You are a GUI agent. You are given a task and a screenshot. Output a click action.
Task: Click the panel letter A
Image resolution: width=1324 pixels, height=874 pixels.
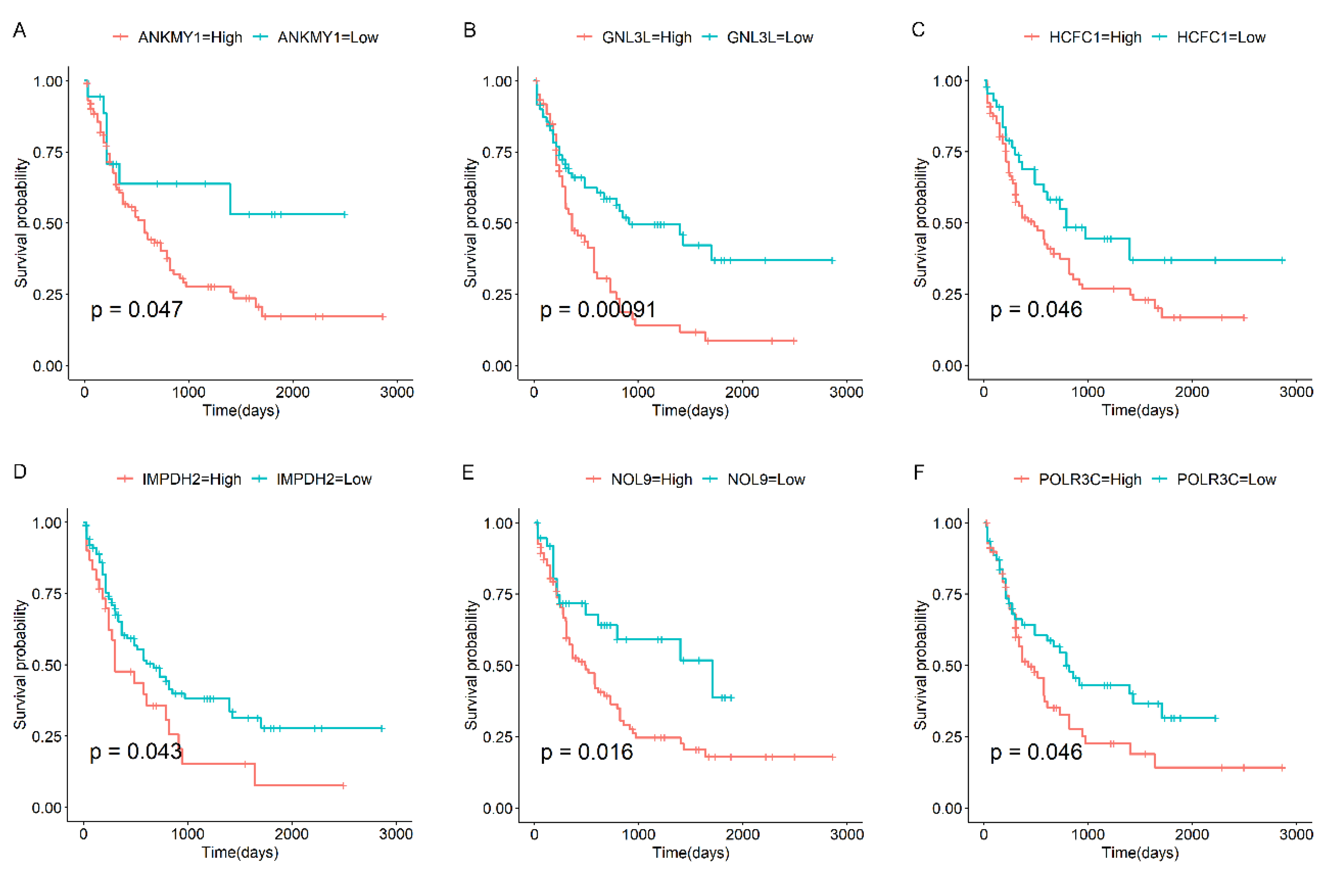(20, 30)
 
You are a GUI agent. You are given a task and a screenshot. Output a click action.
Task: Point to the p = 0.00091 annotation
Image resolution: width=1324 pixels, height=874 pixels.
(598, 309)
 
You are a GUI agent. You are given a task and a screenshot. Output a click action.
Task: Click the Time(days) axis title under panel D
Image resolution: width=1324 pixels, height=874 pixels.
(240, 852)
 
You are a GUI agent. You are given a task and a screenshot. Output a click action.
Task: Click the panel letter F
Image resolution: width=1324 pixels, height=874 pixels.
(919, 472)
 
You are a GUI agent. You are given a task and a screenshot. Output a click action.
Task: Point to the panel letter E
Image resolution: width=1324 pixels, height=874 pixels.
(468, 472)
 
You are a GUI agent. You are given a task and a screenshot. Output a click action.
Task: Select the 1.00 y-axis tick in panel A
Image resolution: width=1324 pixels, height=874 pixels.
(48, 81)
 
